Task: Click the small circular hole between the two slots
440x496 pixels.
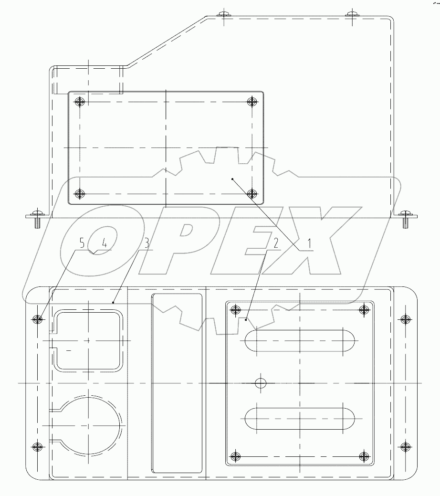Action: click(260, 383)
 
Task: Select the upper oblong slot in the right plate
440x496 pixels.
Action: click(299, 341)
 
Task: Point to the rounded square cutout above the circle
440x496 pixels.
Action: click(89, 340)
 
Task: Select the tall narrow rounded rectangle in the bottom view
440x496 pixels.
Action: click(177, 383)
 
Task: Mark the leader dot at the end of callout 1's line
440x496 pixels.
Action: click(232, 179)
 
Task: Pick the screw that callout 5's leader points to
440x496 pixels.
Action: click(38, 319)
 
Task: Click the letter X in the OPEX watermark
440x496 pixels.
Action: click(305, 241)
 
